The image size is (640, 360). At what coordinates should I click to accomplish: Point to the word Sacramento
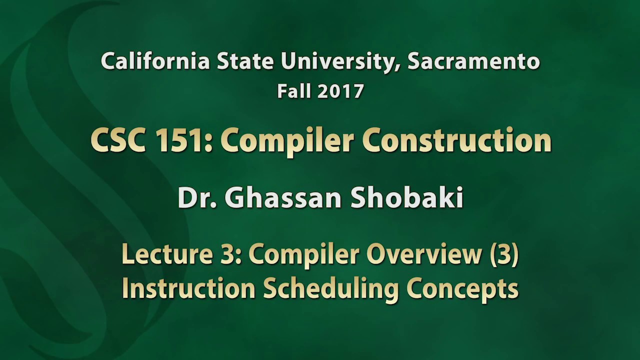click(473, 61)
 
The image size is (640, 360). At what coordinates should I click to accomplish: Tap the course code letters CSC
click(118, 140)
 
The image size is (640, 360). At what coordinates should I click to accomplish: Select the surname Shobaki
click(406, 197)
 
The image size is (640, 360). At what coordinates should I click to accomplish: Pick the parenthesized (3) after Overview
click(503, 254)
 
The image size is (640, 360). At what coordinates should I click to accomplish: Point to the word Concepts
click(462, 289)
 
